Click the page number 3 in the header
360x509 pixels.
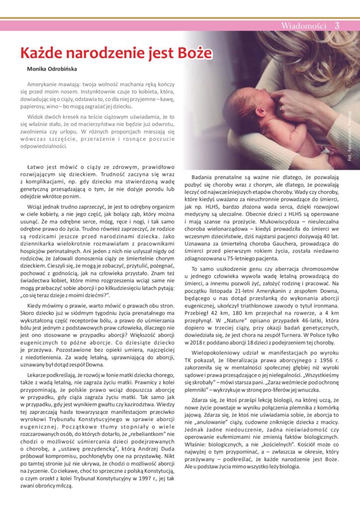click(337, 26)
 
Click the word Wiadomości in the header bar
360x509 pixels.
click(304, 26)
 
